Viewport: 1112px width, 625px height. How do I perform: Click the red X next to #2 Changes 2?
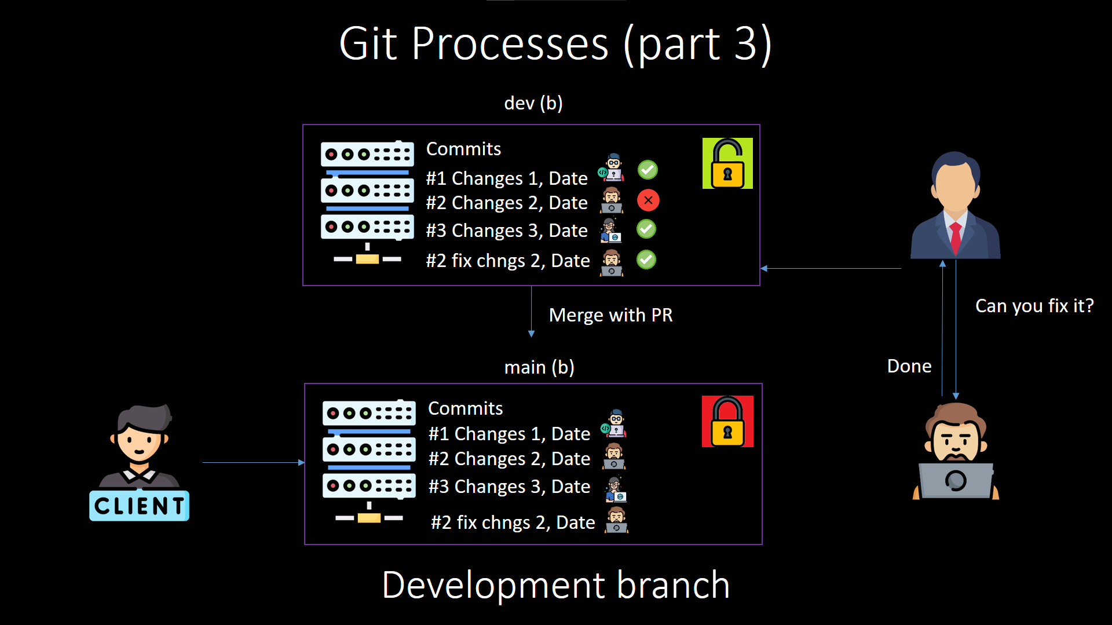pos(648,200)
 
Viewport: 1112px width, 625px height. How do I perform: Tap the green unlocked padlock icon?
pos(727,163)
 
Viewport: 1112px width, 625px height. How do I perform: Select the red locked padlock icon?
pos(727,422)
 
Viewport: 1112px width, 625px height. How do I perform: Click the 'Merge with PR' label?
pos(610,315)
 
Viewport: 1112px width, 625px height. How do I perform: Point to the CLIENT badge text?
pos(139,506)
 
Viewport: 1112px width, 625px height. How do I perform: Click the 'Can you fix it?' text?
pos(1034,306)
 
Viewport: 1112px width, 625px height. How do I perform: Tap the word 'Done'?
pos(909,366)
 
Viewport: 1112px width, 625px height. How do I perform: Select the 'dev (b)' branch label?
pos(533,103)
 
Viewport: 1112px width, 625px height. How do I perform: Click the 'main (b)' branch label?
pos(539,367)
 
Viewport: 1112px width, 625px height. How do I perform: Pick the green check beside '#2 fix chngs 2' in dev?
pos(646,259)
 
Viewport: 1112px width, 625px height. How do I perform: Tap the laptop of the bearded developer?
pos(956,480)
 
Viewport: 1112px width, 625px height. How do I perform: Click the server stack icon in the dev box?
pos(367,203)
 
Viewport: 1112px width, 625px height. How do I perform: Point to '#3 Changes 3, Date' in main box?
pos(509,487)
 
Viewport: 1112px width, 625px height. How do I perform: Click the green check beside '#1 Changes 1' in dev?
pos(648,170)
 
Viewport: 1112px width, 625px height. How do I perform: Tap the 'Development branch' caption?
pos(555,585)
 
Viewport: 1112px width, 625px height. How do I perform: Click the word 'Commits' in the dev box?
pos(463,149)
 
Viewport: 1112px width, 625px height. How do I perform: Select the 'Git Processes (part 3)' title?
pos(555,44)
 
